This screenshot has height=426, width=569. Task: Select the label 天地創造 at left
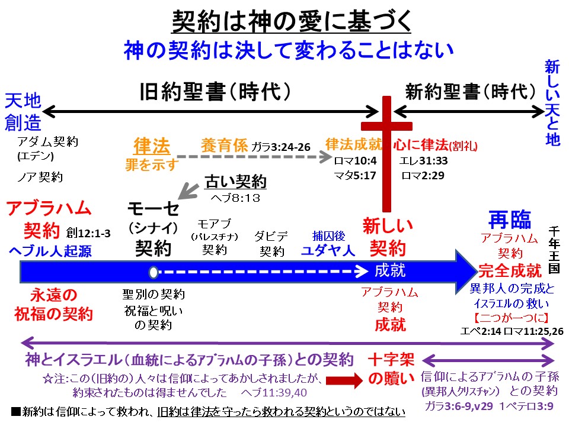click(24, 111)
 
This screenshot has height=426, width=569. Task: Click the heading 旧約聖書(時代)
click(215, 92)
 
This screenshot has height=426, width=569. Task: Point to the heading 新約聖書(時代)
click(465, 92)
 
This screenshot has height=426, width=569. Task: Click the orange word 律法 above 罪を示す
click(152, 146)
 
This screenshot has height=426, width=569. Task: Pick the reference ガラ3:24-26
click(281, 146)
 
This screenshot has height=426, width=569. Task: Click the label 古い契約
click(235, 180)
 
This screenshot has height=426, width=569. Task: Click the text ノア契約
click(40, 176)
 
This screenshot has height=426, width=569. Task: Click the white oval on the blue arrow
click(154, 272)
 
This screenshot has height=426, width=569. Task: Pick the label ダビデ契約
click(272, 243)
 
